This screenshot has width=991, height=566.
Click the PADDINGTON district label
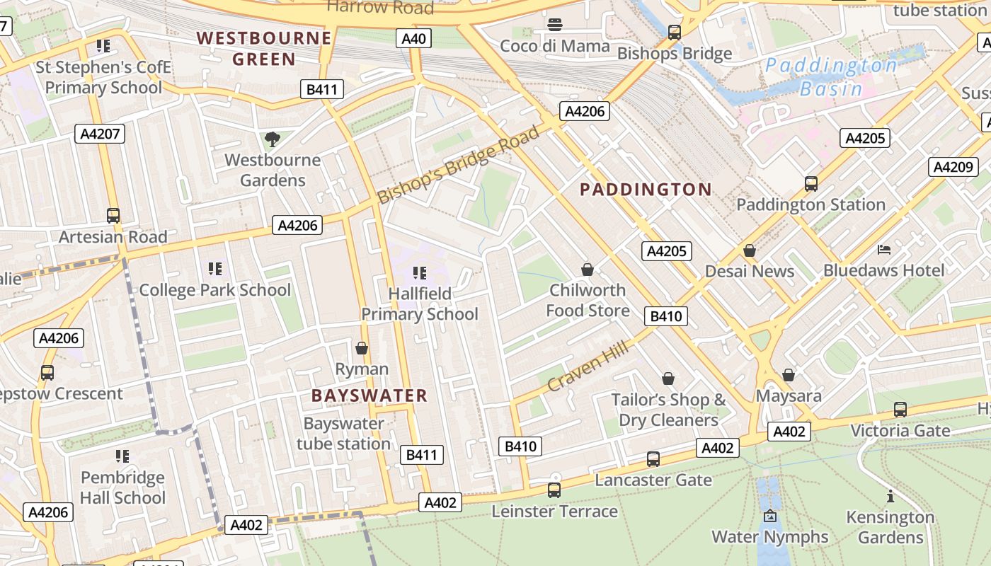click(x=646, y=190)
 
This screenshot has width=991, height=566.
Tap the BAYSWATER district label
click(x=370, y=395)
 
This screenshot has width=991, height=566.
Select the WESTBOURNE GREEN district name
click(x=264, y=48)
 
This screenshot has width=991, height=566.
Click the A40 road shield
click(x=413, y=38)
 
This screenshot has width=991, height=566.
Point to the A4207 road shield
click(x=100, y=134)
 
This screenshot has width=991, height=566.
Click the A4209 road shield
click(x=953, y=167)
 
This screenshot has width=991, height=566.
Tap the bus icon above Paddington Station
click(x=811, y=184)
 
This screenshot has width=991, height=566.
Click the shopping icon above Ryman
click(x=362, y=348)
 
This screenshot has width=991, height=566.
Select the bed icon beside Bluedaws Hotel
click(x=884, y=249)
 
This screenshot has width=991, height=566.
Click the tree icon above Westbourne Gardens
click(x=272, y=139)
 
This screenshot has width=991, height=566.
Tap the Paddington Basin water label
click(x=831, y=77)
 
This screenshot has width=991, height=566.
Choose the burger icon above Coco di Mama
click(x=555, y=25)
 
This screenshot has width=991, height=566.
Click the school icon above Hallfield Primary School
click(x=419, y=272)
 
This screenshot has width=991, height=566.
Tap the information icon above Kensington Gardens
click(x=890, y=496)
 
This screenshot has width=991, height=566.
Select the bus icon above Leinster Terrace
click(x=554, y=490)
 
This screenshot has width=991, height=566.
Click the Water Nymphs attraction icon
click(x=770, y=516)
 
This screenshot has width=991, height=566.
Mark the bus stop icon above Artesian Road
click(x=113, y=216)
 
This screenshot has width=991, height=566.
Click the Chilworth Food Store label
click(x=588, y=300)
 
